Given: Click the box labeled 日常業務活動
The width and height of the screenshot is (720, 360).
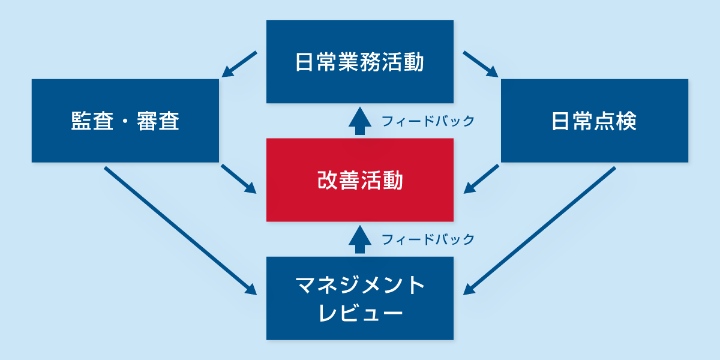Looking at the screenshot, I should (x=360, y=61).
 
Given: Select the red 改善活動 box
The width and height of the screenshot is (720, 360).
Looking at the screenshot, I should (x=360, y=180).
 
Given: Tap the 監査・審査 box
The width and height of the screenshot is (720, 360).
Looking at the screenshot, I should (x=125, y=121).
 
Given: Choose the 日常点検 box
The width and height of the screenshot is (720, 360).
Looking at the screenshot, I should (x=594, y=121).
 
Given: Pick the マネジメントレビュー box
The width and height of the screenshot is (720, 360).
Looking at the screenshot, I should (x=360, y=298).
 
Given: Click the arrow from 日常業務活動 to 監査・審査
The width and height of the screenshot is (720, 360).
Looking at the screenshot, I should (x=239, y=64).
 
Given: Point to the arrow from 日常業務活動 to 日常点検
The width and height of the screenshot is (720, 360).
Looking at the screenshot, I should (x=481, y=64).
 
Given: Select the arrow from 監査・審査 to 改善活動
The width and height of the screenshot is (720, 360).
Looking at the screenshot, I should (x=239, y=179).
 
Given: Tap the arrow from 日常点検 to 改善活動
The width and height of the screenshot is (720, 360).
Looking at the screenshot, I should (x=482, y=179).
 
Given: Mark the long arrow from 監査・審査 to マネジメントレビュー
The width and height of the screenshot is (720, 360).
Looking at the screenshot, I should (x=180, y=230).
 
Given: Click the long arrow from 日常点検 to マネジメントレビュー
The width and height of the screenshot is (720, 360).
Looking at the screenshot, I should (x=540, y=230).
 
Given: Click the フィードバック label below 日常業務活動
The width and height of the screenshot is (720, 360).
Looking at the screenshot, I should (x=428, y=122).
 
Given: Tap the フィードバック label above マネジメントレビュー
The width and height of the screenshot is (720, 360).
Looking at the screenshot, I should (x=428, y=240).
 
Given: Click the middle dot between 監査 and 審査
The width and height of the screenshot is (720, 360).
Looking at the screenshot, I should (x=125, y=122).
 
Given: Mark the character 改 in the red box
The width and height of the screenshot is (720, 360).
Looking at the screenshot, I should (x=327, y=181).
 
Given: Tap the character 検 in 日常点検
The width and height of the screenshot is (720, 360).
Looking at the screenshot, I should (x=626, y=121).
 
